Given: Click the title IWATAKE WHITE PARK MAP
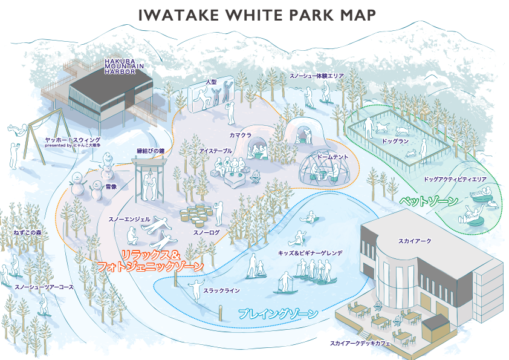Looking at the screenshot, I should [x=257, y=15].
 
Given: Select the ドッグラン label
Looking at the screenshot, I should [x=396, y=140].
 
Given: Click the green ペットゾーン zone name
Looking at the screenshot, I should [x=427, y=199].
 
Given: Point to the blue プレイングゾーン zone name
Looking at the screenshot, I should [x=278, y=313].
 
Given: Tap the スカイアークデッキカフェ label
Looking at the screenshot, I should [x=360, y=344].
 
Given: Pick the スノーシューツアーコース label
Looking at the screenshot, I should [x=44, y=287].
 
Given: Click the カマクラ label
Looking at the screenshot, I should [x=240, y=135].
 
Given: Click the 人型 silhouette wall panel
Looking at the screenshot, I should [x=211, y=95].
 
